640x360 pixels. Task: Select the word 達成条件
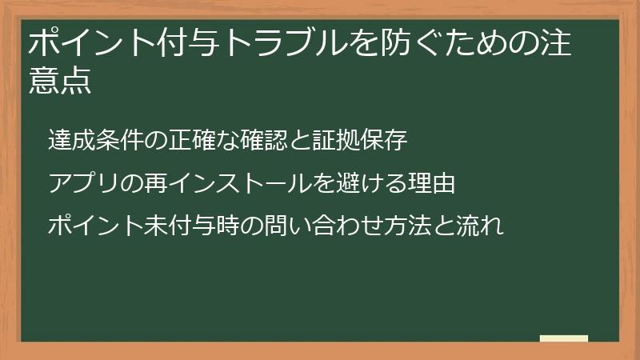[x=89, y=141]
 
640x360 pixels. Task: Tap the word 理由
[x=435, y=183]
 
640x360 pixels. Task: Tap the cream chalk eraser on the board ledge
[x=564, y=338]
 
